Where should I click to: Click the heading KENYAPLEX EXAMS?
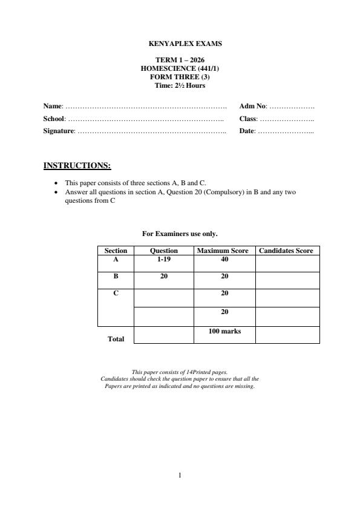(180, 44)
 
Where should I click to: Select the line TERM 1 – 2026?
(180, 61)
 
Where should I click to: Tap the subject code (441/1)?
(198, 68)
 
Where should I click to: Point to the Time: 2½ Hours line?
(180, 85)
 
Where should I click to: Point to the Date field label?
(247, 131)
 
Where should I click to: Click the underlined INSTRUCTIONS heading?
(77, 165)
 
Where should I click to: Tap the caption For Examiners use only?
(180, 233)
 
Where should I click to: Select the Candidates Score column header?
(286, 251)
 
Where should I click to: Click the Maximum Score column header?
(223, 251)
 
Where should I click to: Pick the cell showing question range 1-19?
(163, 259)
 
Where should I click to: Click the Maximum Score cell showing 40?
(224, 259)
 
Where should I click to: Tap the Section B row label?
(116, 276)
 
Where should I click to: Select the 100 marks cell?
(224, 331)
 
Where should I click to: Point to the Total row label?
(116, 339)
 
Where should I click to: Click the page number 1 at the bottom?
(180, 476)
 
